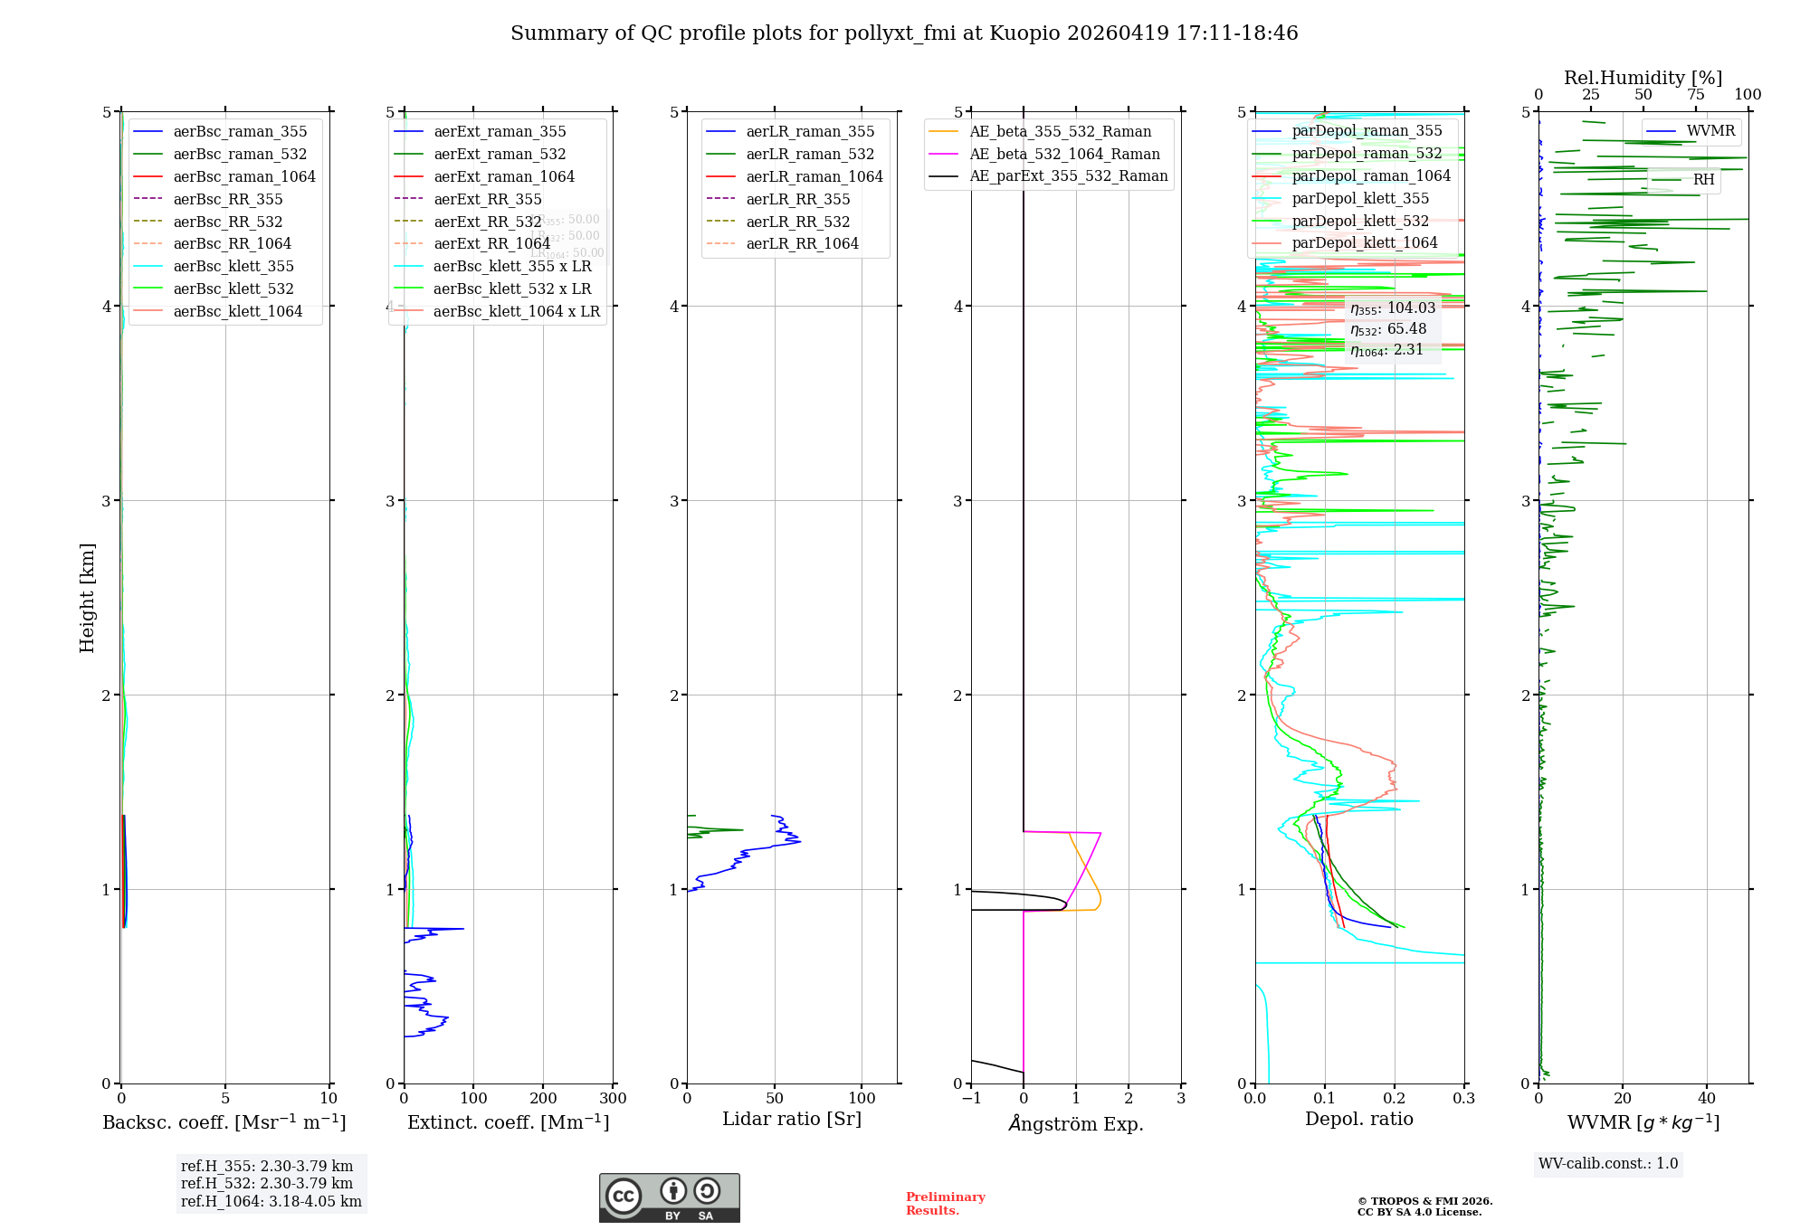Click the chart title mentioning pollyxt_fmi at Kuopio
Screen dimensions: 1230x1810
[904, 33]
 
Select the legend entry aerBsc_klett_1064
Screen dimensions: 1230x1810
[237, 311]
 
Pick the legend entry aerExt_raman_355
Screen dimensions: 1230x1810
[500, 132]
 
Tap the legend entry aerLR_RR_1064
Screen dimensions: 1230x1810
[802, 243]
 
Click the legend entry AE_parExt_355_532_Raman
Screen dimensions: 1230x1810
[1068, 175]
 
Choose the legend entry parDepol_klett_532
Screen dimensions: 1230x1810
[1360, 221]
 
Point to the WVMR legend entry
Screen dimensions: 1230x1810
[1710, 131]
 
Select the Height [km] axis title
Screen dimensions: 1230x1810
[87, 597]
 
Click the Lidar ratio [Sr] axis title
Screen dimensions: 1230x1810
[792, 1119]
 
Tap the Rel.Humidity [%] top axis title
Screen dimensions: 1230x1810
[1643, 78]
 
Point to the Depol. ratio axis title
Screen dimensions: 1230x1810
[1358, 1119]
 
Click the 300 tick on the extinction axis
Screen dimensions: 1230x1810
[613, 1099]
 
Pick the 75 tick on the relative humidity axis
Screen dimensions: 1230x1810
[1695, 95]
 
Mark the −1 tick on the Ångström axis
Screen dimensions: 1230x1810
[971, 1099]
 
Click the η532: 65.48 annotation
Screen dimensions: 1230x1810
[1388, 329]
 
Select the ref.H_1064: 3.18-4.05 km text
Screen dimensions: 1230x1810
[271, 1201]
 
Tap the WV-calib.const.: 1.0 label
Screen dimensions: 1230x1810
[1608, 1164]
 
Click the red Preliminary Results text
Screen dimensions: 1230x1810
[945, 1204]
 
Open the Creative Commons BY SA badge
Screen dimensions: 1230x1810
[669, 1198]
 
